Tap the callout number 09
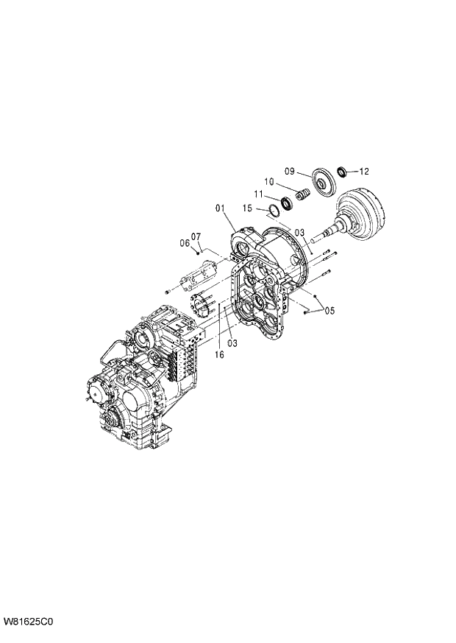pyautogui.click(x=290, y=172)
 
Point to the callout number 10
pyautogui.click(x=269, y=182)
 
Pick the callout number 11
pyautogui.click(x=258, y=194)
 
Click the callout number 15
pyautogui.click(x=249, y=209)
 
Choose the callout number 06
pyautogui.click(x=185, y=243)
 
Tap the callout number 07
pyautogui.click(x=196, y=236)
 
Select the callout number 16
pyautogui.click(x=219, y=355)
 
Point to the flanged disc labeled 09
pyautogui.click(x=321, y=181)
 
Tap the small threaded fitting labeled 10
pyautogui.click(x=302, y=197)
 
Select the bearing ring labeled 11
pyautogui.click(x=286, y=203)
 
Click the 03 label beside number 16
pyautogui.click(x=232, y=343)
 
